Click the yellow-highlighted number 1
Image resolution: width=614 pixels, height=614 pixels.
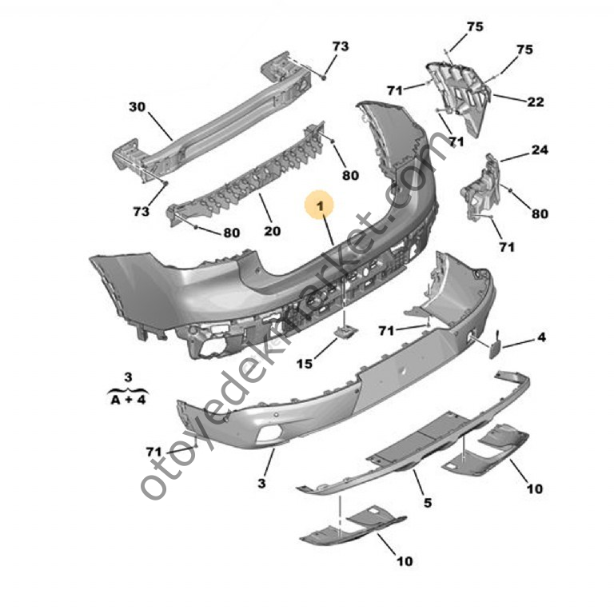click(x=320, y=207)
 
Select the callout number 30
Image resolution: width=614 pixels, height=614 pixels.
click(x=137, y=106)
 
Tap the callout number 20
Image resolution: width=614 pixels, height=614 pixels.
click(x=272, y=232)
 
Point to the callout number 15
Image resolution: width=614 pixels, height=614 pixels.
click(x=304, y=365)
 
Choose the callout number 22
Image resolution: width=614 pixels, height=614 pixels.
click(x=536, y=102)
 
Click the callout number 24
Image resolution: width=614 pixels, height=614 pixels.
click(x=540, y=150)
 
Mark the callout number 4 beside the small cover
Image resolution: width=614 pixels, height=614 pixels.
click(x=541, y=338)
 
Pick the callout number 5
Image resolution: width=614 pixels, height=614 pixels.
click(x=428, y=503)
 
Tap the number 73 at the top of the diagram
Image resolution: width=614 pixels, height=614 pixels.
click(x=341, y=46)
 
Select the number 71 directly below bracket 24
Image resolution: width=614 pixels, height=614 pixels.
click(x=506, y=247)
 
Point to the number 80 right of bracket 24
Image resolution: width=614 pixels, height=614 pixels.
click(x=540, y=213)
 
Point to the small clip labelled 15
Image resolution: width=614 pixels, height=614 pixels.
click(x=345, y=333)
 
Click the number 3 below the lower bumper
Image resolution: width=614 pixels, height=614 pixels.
click(x=261, y=484)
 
